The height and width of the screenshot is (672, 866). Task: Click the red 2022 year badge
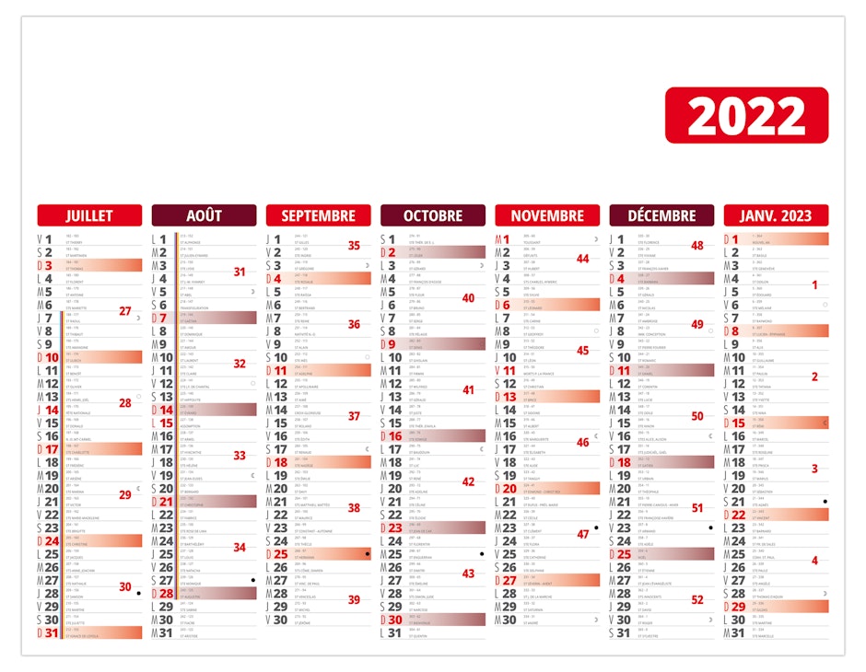(746, 115)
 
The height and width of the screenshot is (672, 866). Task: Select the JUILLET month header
(89, 215)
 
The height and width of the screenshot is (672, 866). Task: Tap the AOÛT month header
(204, 215)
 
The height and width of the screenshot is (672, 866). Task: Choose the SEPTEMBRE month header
(318, 215)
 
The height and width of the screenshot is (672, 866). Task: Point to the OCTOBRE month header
(433, 215)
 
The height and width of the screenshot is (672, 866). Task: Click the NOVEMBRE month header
(547, 215)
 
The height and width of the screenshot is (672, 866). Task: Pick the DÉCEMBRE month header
(661, 215)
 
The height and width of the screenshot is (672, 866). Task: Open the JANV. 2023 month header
(776, 215)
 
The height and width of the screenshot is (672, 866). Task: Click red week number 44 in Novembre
(582, 259)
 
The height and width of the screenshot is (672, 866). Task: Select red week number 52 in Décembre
(697, 599)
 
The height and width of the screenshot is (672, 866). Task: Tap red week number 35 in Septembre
(354, 246)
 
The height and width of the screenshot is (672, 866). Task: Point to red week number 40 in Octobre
(468, 298)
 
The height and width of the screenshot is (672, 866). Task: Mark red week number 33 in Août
(240, 455)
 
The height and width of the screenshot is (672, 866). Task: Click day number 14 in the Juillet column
(53, 410)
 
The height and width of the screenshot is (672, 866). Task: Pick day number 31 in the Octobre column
(395, 632)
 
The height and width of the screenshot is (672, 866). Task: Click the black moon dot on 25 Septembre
(367, 554)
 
